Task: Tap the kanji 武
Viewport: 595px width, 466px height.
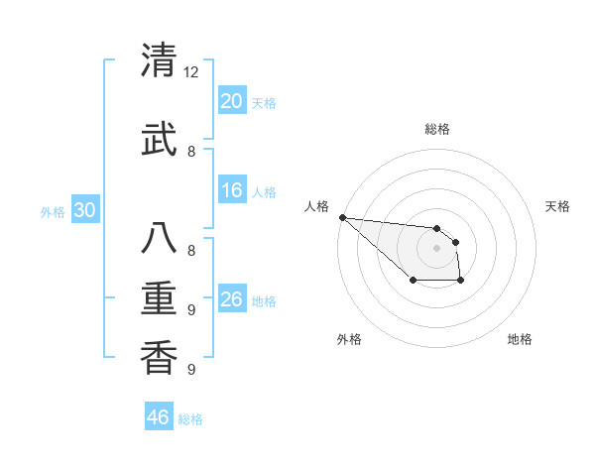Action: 159,139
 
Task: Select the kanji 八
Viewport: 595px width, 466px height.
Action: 159,239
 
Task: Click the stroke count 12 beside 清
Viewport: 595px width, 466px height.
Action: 191,72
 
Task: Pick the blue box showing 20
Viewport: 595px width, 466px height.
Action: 232,100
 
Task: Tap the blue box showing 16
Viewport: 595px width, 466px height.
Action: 232,190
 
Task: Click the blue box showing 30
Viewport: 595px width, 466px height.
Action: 84,210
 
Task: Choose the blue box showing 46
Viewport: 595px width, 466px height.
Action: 159,416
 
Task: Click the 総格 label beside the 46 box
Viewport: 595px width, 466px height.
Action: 190,419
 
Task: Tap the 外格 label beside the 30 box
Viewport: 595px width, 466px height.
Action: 53,212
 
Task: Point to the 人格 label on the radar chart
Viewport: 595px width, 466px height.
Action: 316,206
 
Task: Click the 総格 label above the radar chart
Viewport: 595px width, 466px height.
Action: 437,129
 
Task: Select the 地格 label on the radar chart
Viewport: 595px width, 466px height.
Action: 520,339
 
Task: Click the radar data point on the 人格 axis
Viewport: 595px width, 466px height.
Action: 342,217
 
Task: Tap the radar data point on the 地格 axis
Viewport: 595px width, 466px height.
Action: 461,282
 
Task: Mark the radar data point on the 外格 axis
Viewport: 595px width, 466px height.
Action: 413,282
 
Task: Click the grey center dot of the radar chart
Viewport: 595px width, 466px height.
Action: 437,248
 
